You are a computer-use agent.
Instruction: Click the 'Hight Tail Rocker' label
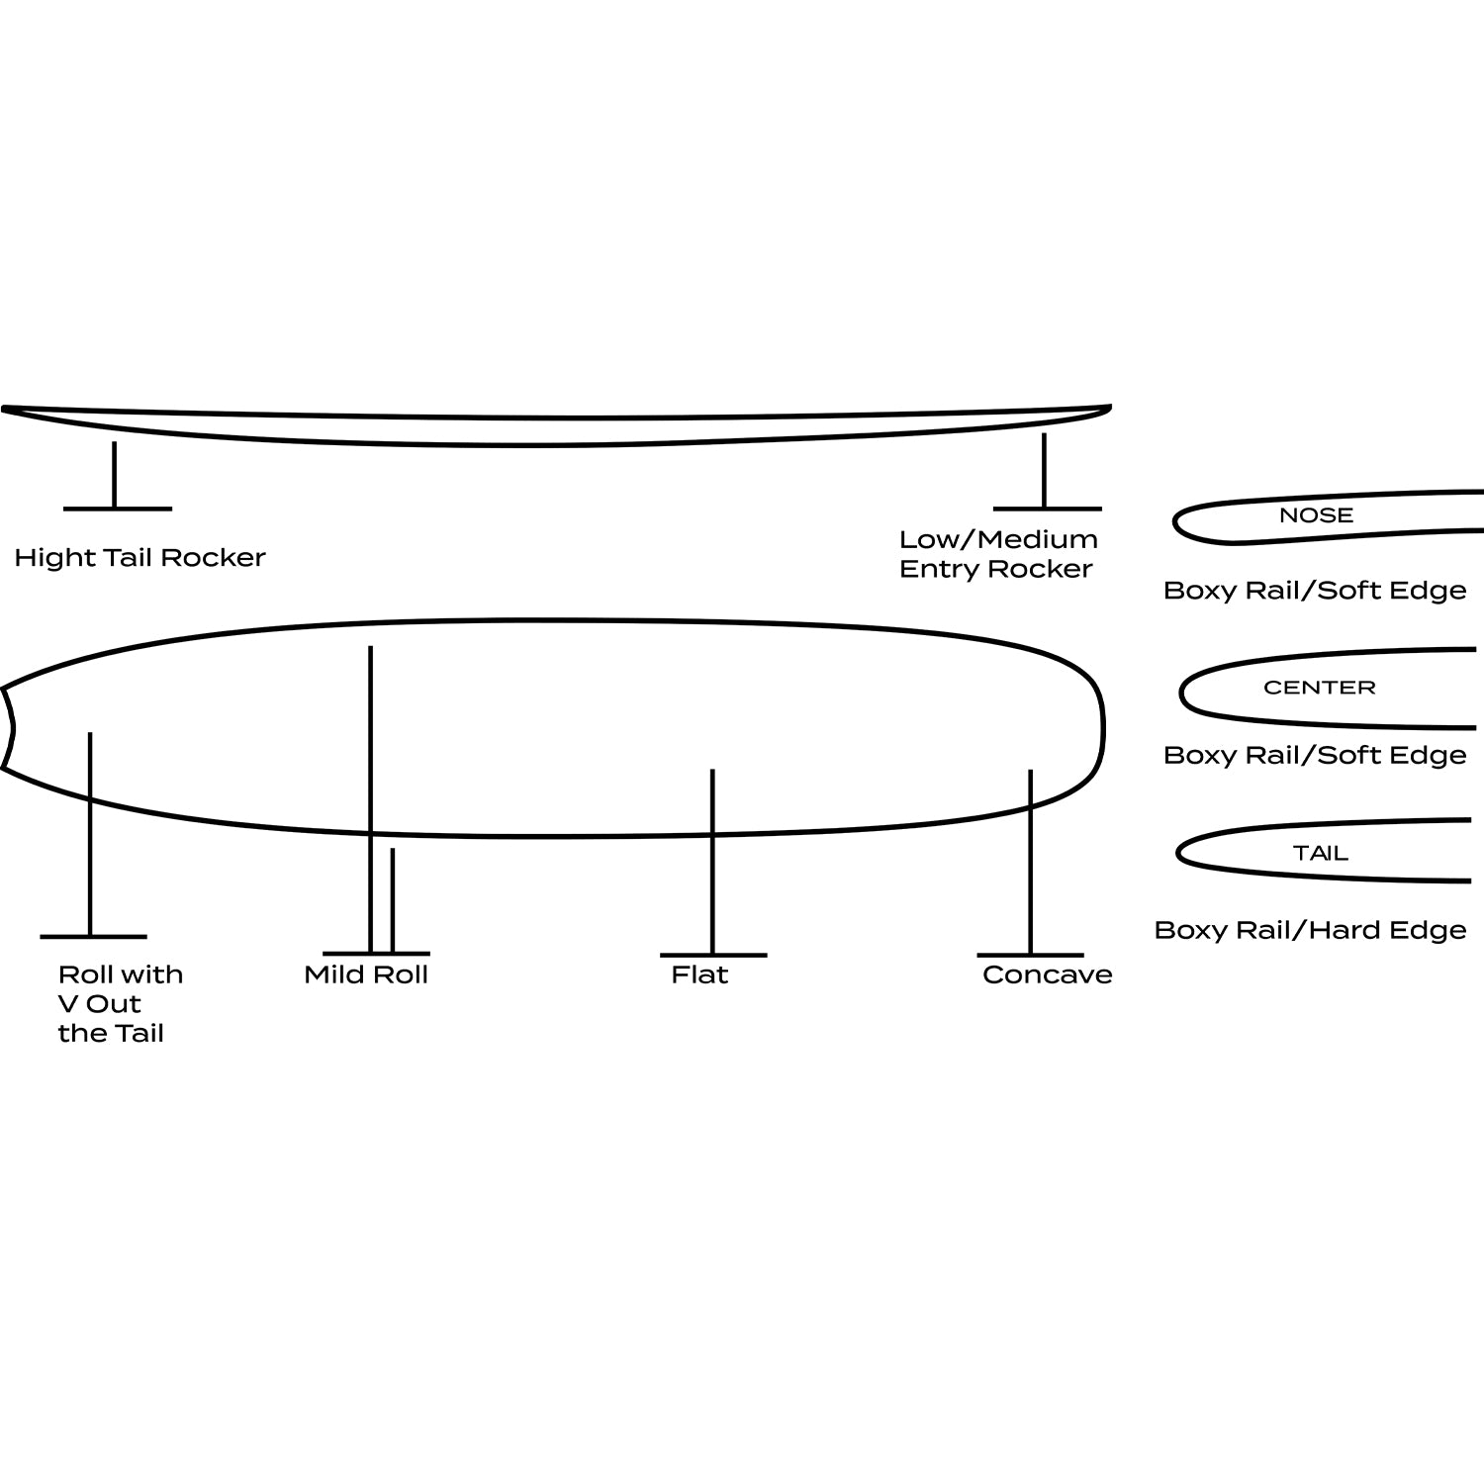139,558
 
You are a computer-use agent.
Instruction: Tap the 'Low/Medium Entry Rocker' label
997,554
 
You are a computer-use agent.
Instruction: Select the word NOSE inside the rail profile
1316,515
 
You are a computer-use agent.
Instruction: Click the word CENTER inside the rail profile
1319,688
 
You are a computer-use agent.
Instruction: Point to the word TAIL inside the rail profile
1320,853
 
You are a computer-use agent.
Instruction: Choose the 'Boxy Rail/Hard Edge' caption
1310,930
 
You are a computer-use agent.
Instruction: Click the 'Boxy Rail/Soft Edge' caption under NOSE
1314,591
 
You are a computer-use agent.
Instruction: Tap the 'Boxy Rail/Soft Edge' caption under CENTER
1314,756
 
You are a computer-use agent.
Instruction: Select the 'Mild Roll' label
366,974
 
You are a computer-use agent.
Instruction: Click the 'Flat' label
699,974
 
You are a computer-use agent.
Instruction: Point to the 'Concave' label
1047,974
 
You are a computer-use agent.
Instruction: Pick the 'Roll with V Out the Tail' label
120,1003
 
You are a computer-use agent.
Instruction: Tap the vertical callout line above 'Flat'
712,861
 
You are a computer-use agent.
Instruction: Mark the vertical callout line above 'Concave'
1030,861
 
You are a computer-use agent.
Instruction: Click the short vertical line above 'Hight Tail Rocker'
115,475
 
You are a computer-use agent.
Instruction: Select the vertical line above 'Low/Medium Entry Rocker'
1044,471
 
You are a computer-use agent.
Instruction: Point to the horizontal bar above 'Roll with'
93,936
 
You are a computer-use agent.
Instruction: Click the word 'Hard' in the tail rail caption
1347,930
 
